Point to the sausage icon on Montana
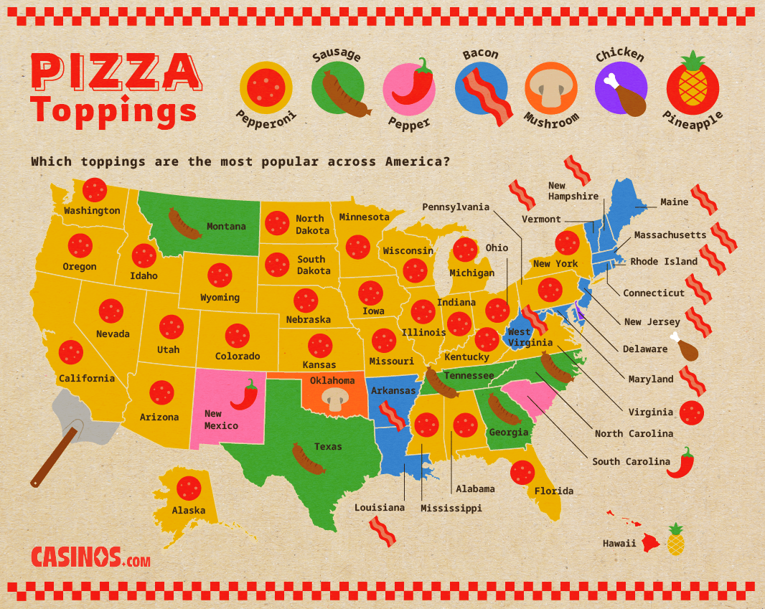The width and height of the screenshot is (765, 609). (x=184, y=223)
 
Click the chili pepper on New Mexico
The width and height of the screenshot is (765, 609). (x=245, y=395)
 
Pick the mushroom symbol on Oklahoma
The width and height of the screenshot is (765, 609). (x=334, y=400)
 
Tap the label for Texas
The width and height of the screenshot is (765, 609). (x=328, y=446)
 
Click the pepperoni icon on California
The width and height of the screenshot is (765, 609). (x=71, y=352)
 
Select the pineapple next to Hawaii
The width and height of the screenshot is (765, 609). (x=675, y=539)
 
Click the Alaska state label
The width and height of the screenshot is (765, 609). (x=188, y=510)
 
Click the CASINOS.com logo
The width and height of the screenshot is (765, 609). (x=90, y=557)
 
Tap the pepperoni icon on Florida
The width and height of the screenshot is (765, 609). (x=522, y=472)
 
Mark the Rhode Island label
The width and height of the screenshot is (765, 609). (x=663, y=261)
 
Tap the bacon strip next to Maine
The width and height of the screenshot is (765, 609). (x=703, y=200)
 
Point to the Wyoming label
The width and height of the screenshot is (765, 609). (x=220, y=297)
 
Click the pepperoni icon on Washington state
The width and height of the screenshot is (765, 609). (x=94, y=190)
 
